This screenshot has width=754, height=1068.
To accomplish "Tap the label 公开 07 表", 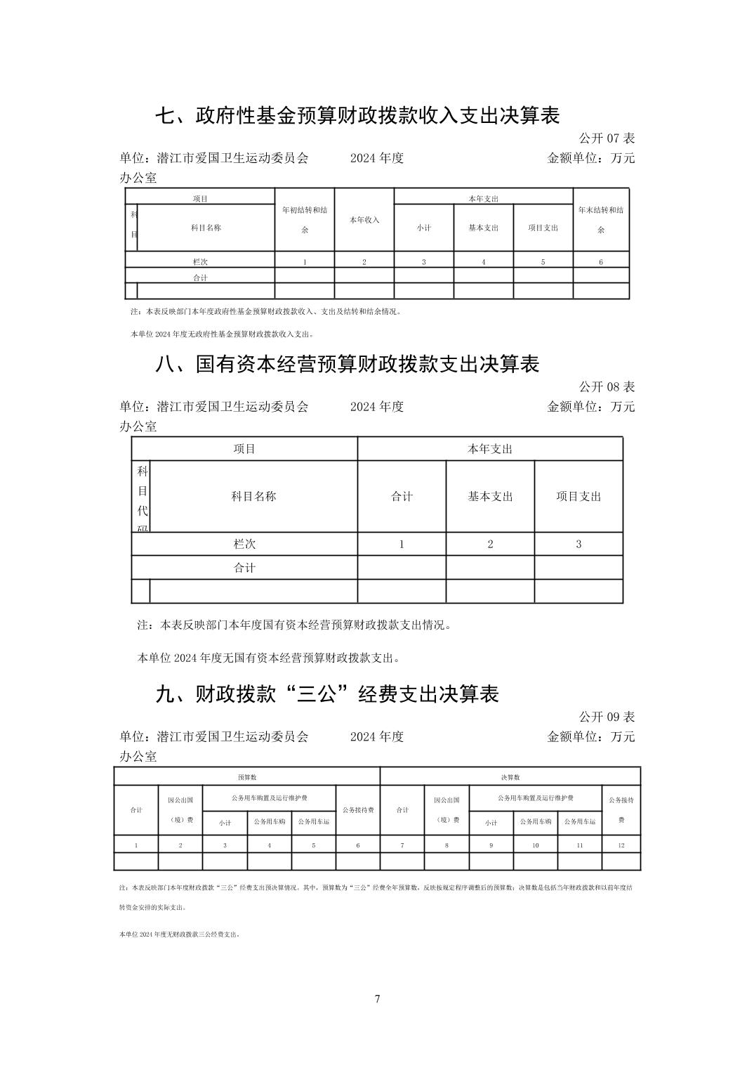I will (x=607, y=138).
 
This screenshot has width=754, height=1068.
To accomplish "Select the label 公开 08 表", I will (x=607, y=386).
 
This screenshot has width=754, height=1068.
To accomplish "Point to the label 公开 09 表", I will (x=607, y=717).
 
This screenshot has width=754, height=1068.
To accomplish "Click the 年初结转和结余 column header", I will (x=305, y=219).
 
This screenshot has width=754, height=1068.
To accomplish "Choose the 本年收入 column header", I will (x=364, y=220).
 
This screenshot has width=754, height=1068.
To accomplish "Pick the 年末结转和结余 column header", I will (x=601, y=219).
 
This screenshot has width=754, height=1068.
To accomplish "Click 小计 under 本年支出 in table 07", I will (x=424, y=228).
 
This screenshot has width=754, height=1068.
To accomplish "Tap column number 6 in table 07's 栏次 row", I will (x=601, y=262).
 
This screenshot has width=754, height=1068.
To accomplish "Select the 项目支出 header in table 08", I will (x=578, y=496).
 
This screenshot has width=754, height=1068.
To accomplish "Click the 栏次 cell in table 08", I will (x=244, y=544).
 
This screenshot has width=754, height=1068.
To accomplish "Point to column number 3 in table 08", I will (x=578, y=544).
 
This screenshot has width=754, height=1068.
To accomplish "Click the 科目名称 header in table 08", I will (x=253, y=496).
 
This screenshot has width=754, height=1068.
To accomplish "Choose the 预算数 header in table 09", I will (x=247, y=777).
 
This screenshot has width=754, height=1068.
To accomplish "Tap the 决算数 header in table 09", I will (x=510, y=777).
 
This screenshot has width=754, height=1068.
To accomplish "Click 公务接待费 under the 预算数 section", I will (x=358, y=809).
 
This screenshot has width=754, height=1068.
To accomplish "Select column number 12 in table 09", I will (x=621, y=845).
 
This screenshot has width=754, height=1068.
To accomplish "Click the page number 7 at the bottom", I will (x=377, y=999).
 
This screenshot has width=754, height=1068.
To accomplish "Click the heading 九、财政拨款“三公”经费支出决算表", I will (x=327, y=694).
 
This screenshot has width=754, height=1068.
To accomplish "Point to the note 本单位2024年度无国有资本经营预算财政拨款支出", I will (x=270, y=658).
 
